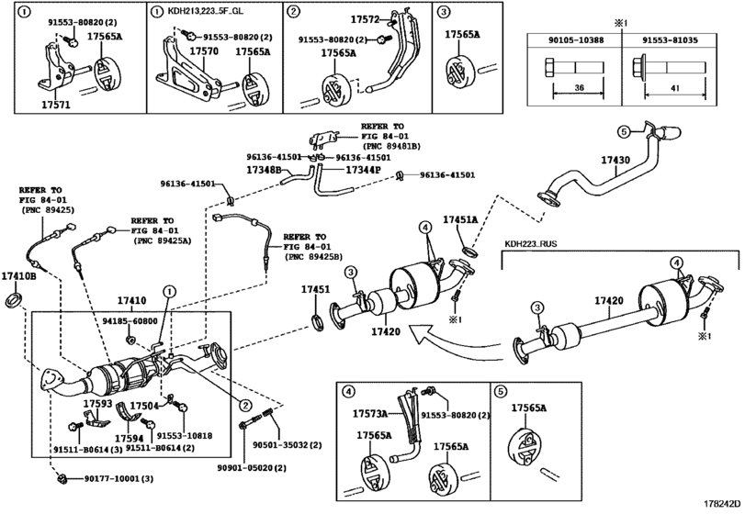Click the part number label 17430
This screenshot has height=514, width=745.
pyautogui.click(x=615, y=160)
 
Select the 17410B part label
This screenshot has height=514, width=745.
pyautogui.click(x=19, y=275)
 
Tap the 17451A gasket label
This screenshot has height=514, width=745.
pyautogui.click(x=460, y=219)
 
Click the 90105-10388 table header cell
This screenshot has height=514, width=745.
pyautogui.click(x=575, y=40)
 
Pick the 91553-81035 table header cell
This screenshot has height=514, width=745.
pyautogui.click(x=670, y=40)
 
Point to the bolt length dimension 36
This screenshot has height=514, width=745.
pyautogui.click(x=579, y=87)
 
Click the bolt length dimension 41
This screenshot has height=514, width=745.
pyautogui.click(x=675, y=88)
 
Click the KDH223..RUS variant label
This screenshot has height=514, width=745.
pyautogui.click(x=530, y=244)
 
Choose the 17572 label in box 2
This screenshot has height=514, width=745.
pyautogui.click(x=365, y=19)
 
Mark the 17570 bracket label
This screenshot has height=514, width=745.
pyautogui.click(x=204, y=50)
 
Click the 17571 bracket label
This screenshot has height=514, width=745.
pyautogui.click(x=56, y=105)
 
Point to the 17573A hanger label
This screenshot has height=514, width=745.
pyautogui.click(x=370, y=413)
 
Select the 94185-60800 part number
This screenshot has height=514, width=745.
pyautogui.click(x=130, y=321)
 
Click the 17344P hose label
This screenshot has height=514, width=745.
pyautogui.click(x=363, y=169)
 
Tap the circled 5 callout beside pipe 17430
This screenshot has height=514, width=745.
pyautogui.click(x=625, y=131)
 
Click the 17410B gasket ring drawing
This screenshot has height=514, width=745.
pyautogui.click(x=15, y=300)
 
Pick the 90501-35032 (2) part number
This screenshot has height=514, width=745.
pyautogui.click(x=287, y=445)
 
